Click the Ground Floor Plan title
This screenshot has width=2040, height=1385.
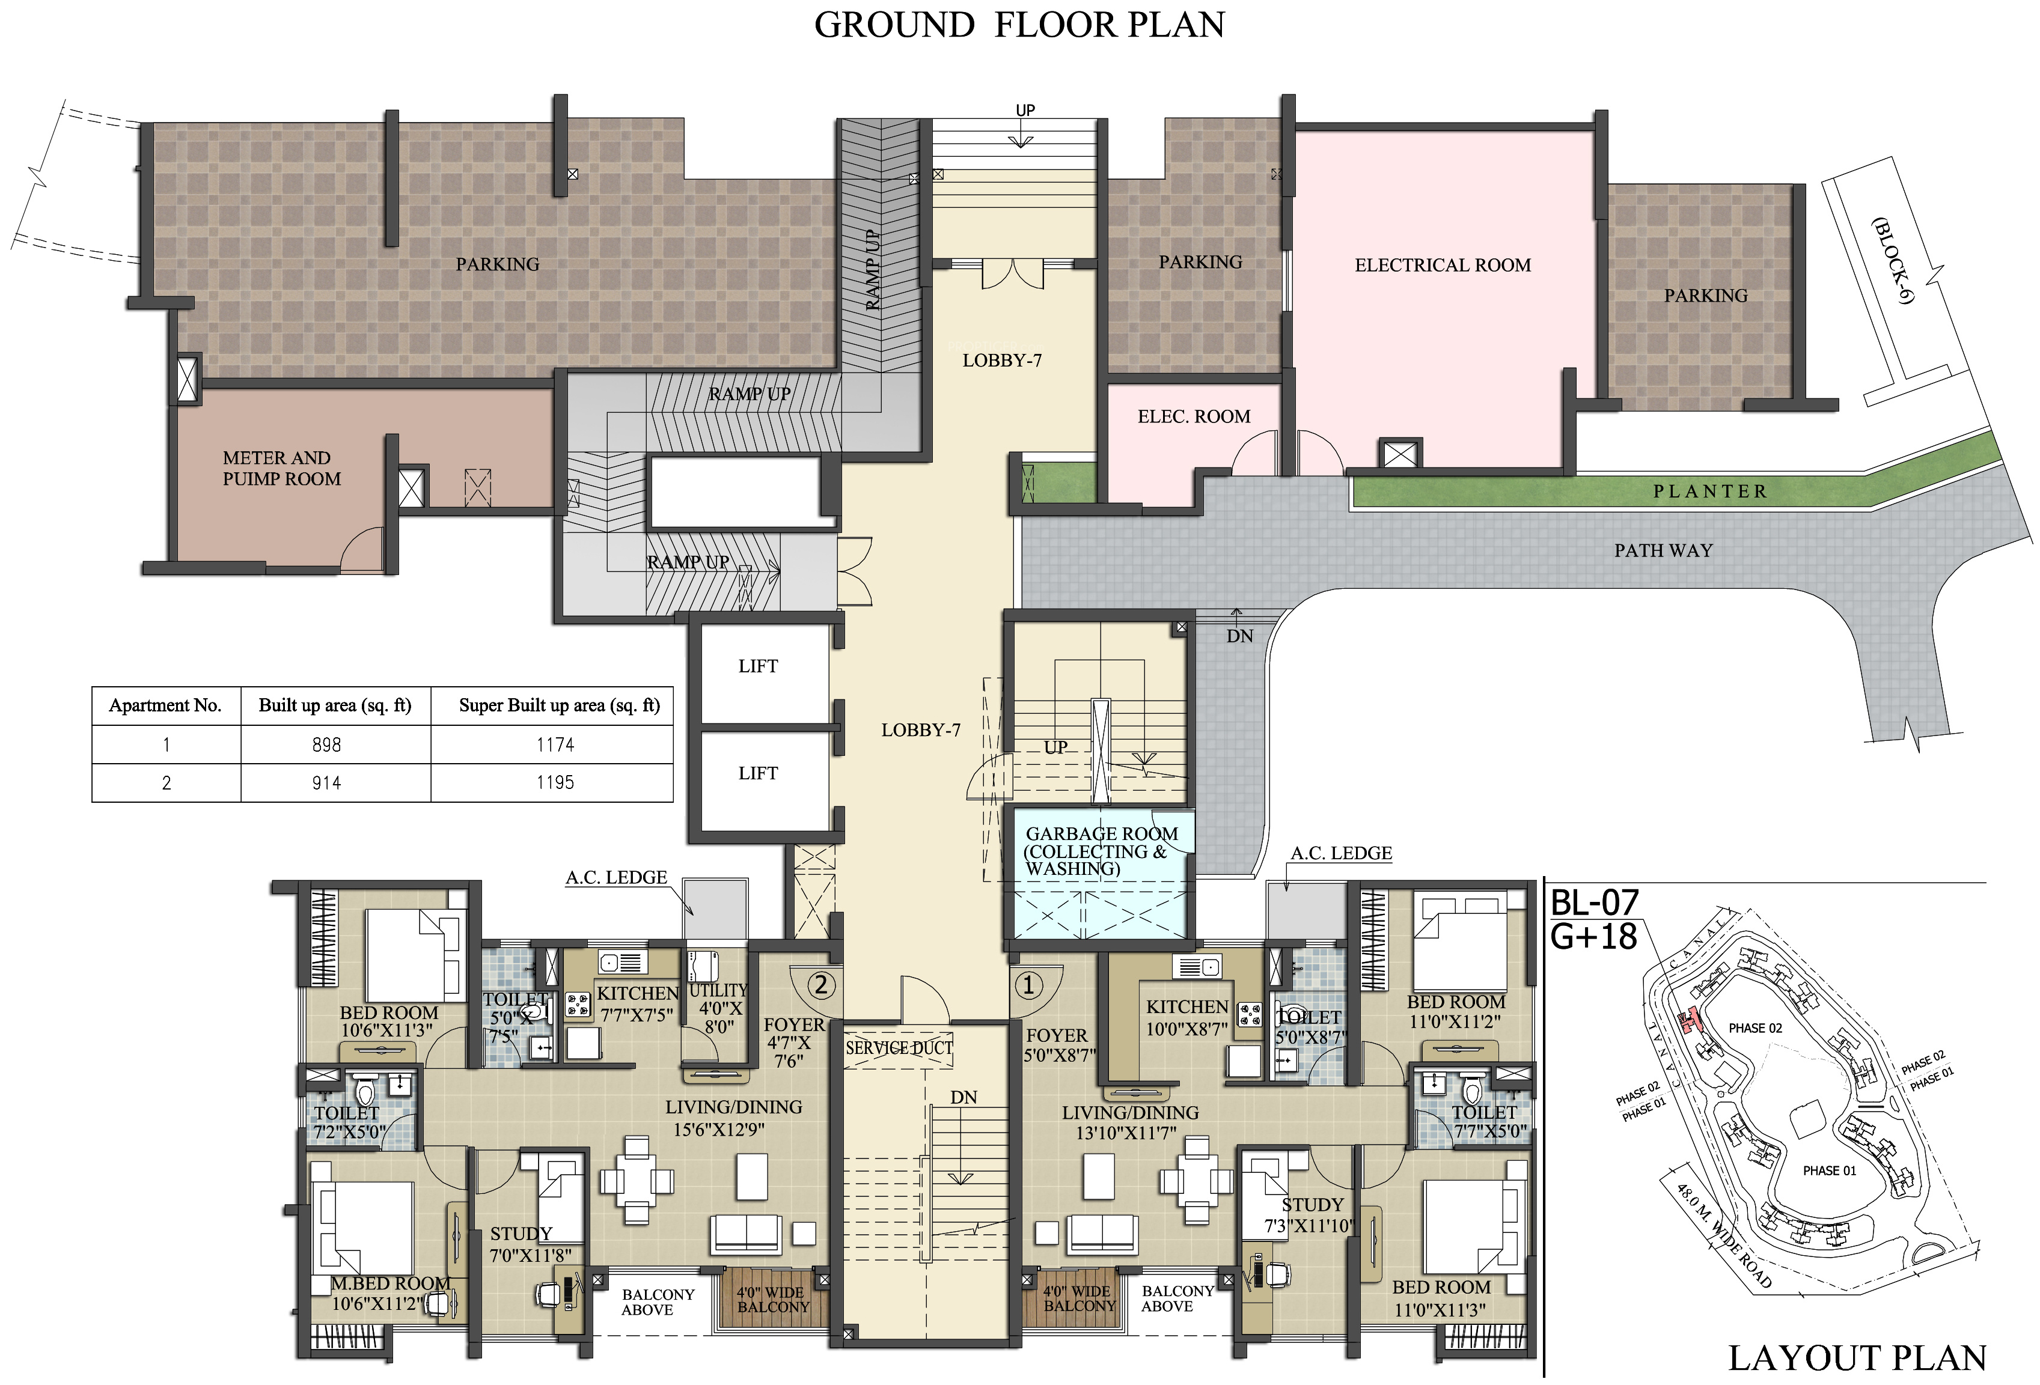(x=1019, y=25)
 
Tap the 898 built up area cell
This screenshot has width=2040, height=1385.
(x=326, y=745)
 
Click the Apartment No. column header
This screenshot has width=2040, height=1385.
(x=165, y=705)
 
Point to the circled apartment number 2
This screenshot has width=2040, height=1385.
(x=820, y=985)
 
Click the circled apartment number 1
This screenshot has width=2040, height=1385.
(x=1029, y=985)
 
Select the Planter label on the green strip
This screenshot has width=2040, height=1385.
(x=1710, y=492)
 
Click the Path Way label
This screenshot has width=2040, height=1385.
(x=1663, y=550)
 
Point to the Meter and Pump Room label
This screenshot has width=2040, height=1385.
(x=281, y=469)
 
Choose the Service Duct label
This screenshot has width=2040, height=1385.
(x=899, y=1048)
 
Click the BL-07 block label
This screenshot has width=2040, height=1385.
(x=1594, y=903)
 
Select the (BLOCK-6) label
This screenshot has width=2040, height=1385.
(x=1892, y=261)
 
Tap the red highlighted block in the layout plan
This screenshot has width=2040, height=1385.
(x=1687, y=1021)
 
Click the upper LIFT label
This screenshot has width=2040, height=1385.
(x=757, y=666)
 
